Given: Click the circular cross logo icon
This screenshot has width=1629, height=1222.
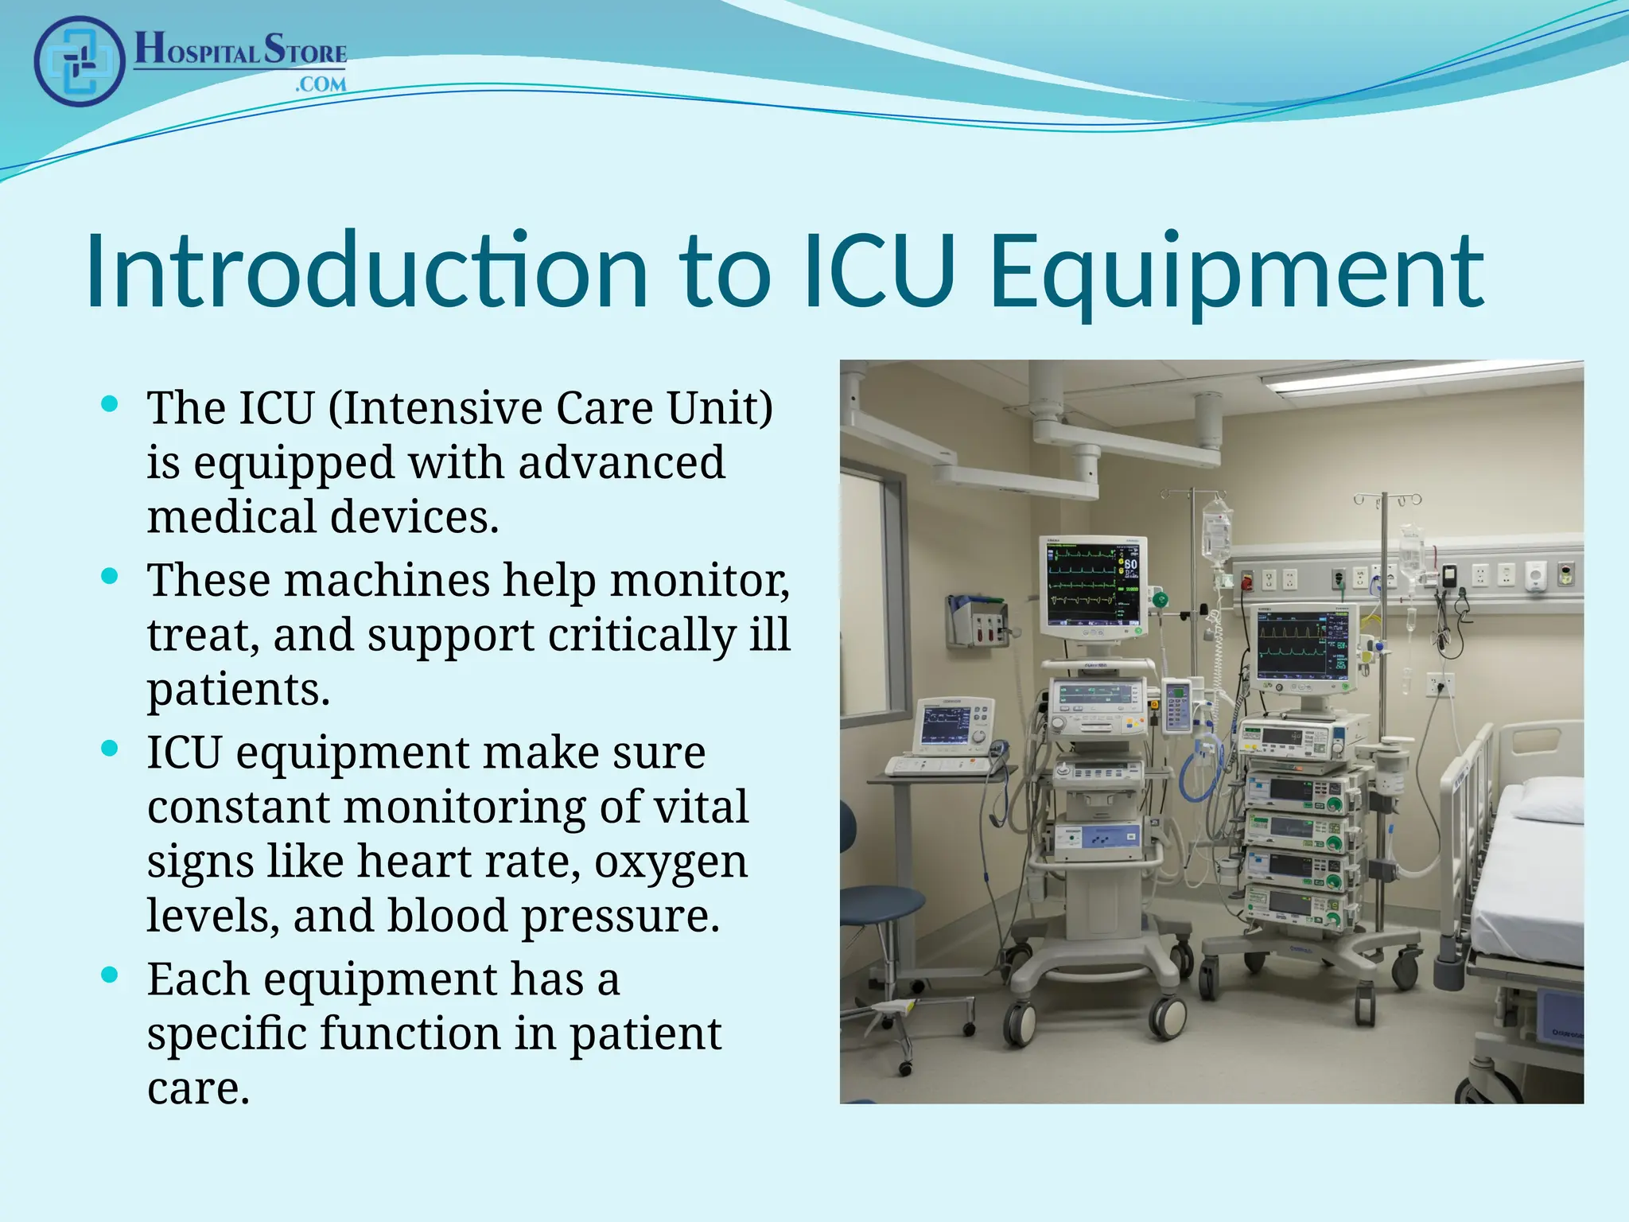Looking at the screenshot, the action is [x=80, y=61].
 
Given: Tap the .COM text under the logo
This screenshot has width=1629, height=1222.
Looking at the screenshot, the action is [x=321, y=84].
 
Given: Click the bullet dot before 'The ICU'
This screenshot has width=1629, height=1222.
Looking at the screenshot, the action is [x=111, y=403].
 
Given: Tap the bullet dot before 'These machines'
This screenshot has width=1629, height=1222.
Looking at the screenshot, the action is [x=111, y=575].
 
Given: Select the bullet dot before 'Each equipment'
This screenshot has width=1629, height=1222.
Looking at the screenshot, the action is [x=111, y=975].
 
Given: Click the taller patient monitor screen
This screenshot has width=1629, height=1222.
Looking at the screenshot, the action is [x=1093, y=583].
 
